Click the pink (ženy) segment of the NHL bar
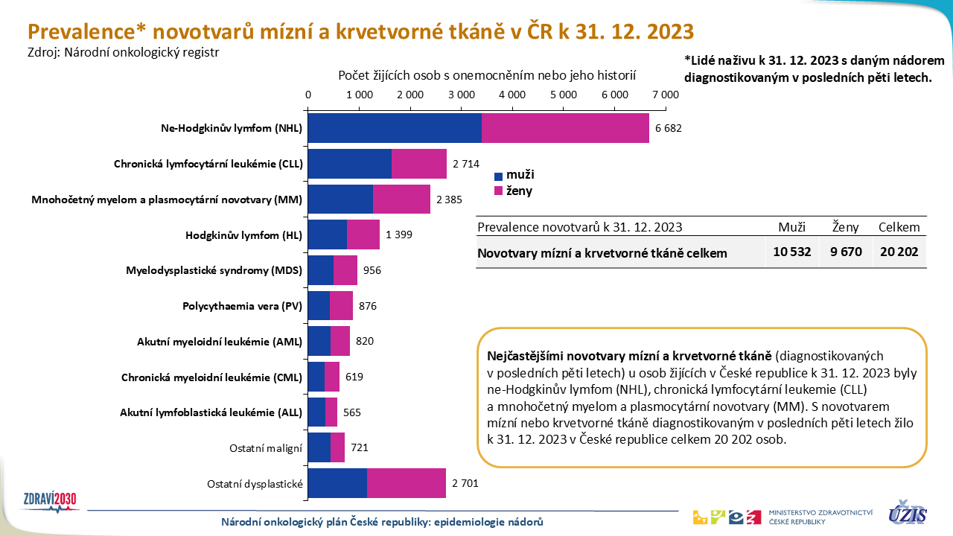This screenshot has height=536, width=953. pos(565,128)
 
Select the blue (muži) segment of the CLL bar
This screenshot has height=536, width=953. pos(349,164)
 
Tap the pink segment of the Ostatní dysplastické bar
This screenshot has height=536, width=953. pos(406,483)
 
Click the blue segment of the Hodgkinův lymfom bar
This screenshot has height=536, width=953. pos(327,235)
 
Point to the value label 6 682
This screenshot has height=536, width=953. pos(669,128)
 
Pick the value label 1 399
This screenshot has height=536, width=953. pos(399,235)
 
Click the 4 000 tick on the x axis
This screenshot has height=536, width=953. pos(512,95)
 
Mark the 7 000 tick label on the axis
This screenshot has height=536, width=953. pos(665,95)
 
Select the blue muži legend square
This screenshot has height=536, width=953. pos(499,176)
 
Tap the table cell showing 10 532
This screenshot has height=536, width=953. pos(791,252)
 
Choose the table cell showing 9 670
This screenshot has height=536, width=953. pos(846,252)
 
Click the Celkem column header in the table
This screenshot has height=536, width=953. pos(899,228)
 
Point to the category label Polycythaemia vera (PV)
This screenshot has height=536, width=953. pos(242,306)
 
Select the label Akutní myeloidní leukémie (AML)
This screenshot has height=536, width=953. pos(220,342)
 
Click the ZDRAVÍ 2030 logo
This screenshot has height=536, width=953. pos(51,500)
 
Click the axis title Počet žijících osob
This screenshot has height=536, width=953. pos(487,76)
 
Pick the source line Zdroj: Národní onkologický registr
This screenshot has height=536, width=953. pos(124,52)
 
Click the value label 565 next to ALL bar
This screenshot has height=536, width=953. pos(352,412)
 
